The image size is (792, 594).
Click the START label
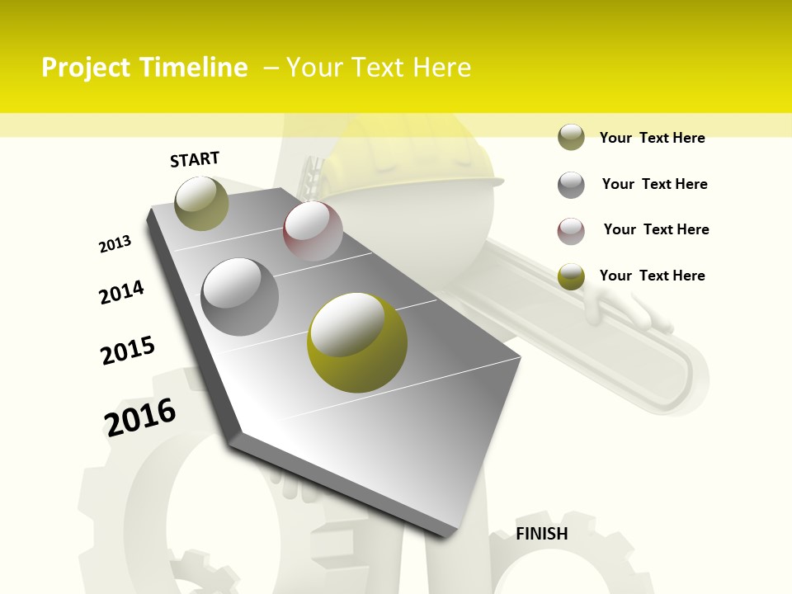coord(195,158)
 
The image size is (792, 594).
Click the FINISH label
coord(542,534)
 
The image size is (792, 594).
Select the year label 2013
coord(115,244)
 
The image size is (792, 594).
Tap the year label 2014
coord(121,292)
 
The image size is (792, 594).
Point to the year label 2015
coord(128,351)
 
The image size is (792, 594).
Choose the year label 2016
coord(140,417)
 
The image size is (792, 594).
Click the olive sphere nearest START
coord(202,203)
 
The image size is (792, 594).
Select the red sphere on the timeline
coord(313,231)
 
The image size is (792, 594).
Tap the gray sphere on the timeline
coord(240,296)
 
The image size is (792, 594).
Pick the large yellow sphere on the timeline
coord(357,342)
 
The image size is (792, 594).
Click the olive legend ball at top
coord(571,138)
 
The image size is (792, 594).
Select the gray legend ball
coord(571,185)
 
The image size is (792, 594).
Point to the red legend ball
coord(571,231)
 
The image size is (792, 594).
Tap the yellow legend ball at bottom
coord(571,276)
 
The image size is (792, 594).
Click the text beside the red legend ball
coord(656,229)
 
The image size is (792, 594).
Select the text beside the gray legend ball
coord(654,184)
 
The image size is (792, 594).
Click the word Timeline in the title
coord(194,68)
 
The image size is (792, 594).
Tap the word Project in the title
coord(87,68)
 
